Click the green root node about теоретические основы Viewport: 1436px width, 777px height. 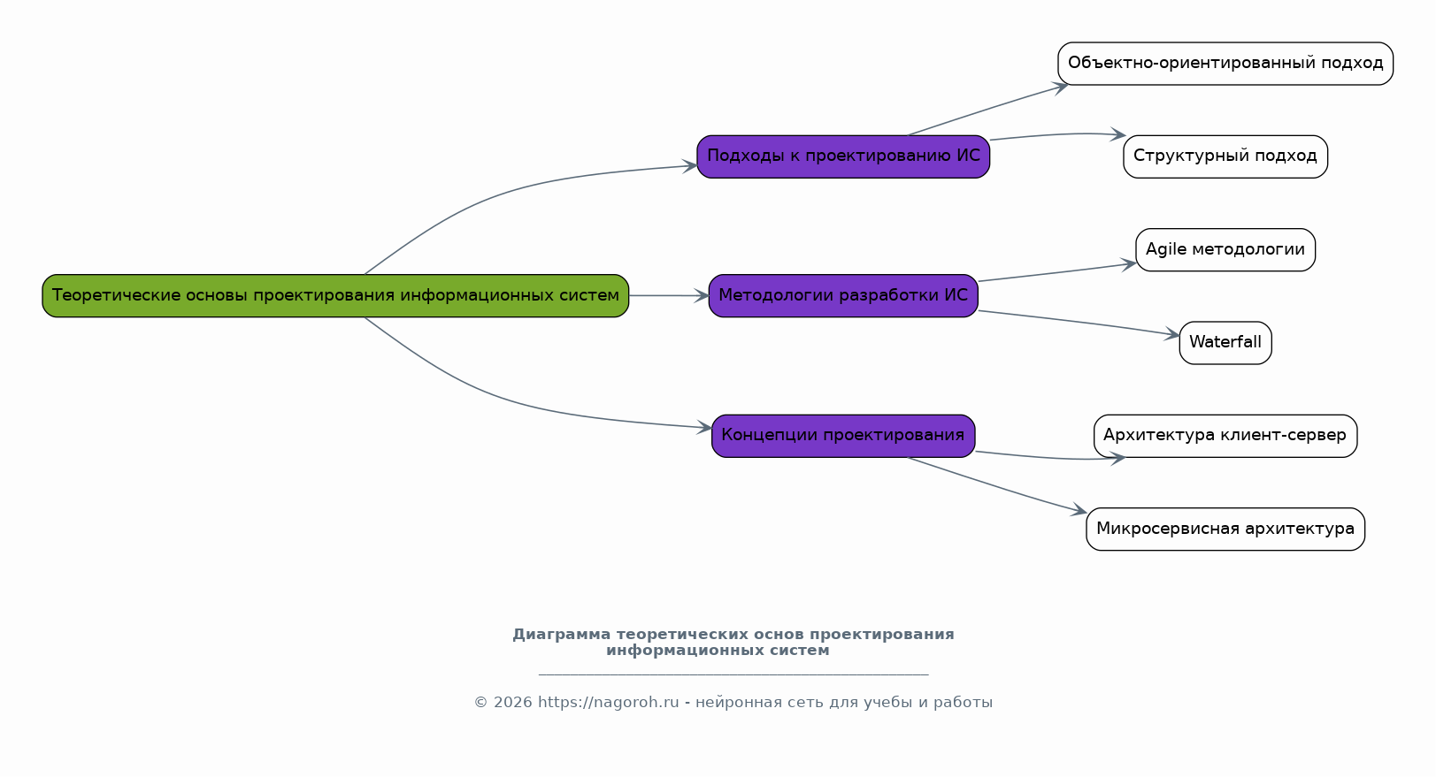pos(335,295)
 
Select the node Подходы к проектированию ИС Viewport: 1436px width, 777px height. pos(843,156)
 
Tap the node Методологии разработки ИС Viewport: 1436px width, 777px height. pos(843,295)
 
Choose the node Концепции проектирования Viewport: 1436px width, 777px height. pos(843,435)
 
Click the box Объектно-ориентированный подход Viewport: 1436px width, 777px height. pos(1225,64)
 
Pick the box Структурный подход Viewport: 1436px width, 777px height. pos(1225,156)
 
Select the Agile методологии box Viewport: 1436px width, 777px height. pos(1225,249)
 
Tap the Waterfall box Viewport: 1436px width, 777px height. pos(1225,342)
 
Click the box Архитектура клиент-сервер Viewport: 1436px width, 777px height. pos(1225,435)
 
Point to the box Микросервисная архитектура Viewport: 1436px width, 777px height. pos(1225,529)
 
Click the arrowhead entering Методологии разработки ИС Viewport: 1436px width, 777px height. pos(702,296)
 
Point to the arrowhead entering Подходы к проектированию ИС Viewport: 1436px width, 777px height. pos(690,165)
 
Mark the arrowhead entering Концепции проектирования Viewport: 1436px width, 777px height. pos(705,428)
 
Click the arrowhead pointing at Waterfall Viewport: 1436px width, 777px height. pos(1172,335)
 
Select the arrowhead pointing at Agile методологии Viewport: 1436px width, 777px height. pos(1129,263)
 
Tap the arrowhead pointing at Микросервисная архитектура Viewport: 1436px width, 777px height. pos(1079,511)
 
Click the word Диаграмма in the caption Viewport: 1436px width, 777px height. pos(561,635)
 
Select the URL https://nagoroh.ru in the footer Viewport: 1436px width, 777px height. pos(608,703)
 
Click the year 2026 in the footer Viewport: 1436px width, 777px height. pos(513,703)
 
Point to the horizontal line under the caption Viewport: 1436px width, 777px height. pos(733,674)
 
